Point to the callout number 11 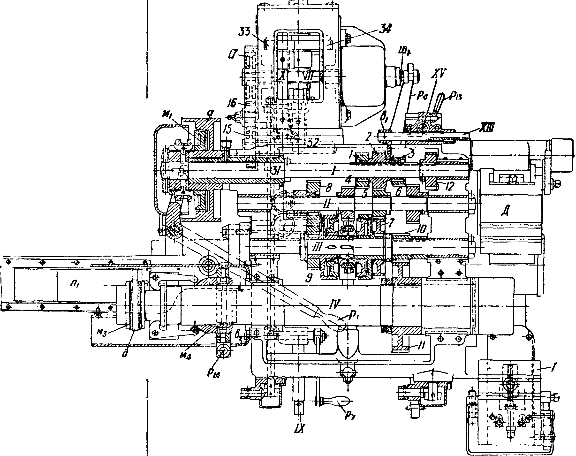421,347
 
